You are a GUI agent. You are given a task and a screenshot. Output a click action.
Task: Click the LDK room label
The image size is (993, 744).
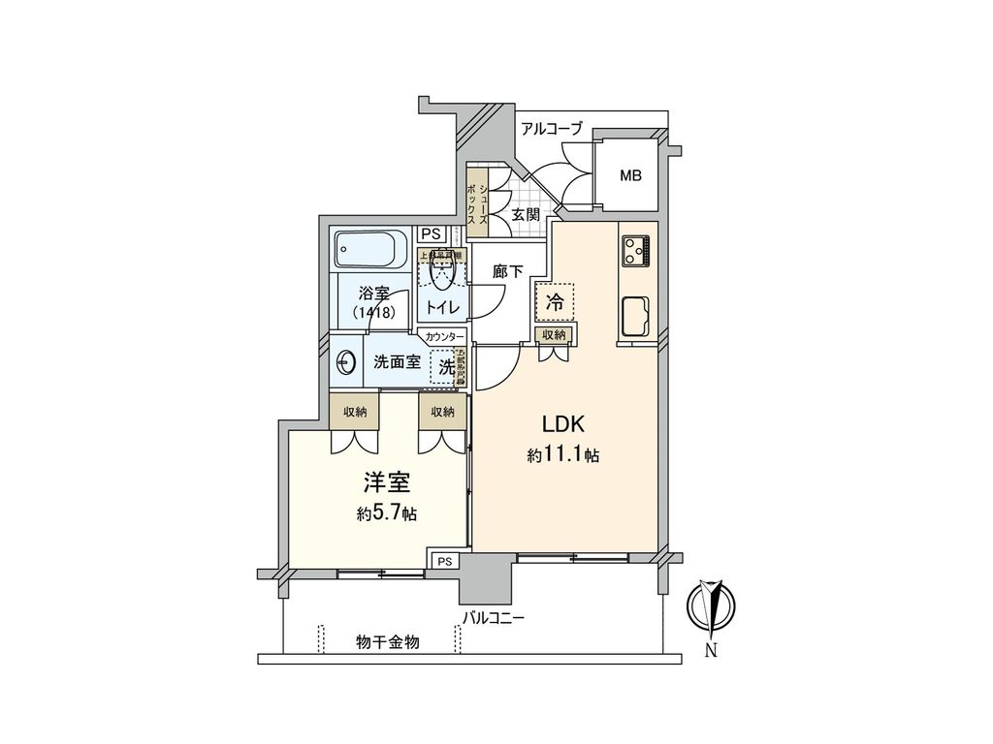click(561, 424)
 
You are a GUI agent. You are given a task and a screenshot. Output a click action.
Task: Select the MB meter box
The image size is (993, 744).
click(631, 175)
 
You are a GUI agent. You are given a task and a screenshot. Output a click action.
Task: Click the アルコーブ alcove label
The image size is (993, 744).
click(552, 128)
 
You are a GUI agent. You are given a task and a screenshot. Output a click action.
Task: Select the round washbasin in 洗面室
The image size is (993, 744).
click(346, 363)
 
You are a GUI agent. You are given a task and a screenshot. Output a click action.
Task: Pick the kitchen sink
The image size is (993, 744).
click(636, 316)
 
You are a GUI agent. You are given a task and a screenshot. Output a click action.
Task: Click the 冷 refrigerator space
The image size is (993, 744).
click(555, 301)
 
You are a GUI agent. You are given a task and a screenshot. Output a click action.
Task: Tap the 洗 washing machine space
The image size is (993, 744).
click(446, 367)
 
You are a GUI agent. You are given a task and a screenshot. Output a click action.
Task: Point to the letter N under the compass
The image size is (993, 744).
click(711, 650)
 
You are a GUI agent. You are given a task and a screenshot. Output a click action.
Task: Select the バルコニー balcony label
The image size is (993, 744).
click(493, 616)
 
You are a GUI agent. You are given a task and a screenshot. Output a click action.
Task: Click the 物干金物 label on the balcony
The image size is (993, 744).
click(387, 642)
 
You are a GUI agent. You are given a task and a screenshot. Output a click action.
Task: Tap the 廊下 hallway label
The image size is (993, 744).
click(507, 274)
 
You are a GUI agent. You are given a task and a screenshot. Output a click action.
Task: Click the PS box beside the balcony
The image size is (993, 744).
click(444, 561)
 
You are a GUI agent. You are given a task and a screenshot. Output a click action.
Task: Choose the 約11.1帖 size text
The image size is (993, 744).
click(562, 455)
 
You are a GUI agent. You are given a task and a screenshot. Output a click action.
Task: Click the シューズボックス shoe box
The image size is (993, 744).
click(474, 201)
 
